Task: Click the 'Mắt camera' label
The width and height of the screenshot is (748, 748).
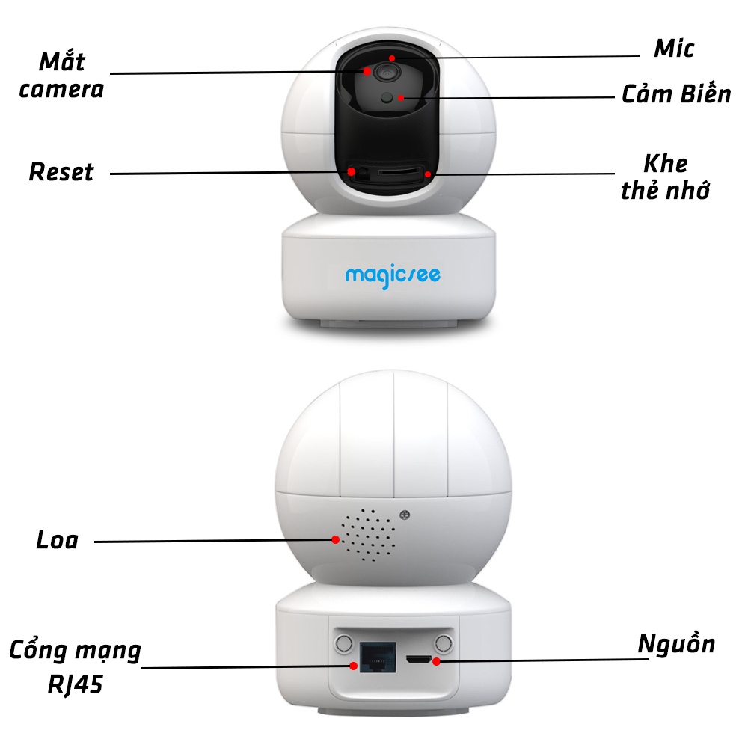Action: pos(61,76)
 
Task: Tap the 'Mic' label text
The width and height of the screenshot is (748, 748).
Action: pos(674,49)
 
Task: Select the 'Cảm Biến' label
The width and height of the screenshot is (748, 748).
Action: pos(676,95)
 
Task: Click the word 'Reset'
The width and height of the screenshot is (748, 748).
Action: pos(61,172)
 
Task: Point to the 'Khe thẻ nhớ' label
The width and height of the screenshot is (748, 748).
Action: pos(665,177)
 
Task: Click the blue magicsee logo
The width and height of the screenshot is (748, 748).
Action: pos(393,275)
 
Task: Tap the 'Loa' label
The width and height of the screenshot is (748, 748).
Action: pos(57,540)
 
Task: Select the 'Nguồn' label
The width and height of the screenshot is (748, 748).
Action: pos(676,644)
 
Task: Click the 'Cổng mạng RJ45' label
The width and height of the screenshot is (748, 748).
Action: pos(75,666)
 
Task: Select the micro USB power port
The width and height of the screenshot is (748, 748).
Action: pos(420,660)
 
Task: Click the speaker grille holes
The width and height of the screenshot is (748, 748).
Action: pos(370,536)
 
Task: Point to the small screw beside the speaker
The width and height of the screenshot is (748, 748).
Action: pos(405,515)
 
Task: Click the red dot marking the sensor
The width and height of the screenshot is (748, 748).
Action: pos(402,97)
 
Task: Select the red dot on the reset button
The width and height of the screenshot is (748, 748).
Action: pos(351,172)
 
